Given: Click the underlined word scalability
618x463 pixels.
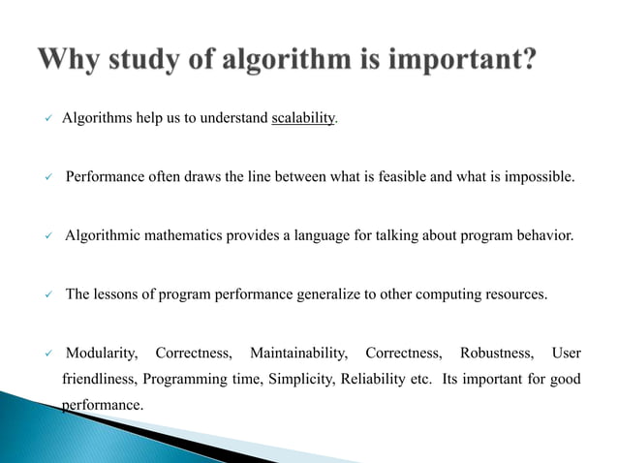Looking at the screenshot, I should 303,118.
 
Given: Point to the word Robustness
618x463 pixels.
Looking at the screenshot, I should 492,352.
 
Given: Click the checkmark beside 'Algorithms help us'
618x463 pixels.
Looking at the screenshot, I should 48,119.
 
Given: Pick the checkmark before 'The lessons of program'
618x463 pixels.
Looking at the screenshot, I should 48,294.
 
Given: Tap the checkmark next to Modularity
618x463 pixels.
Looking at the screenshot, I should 48,353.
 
